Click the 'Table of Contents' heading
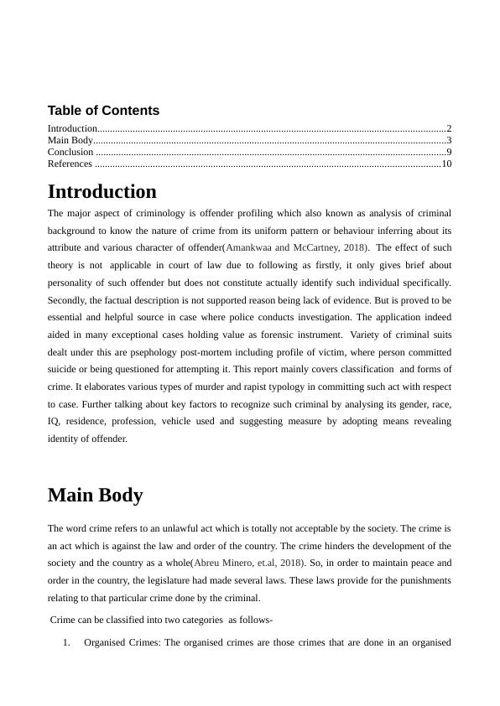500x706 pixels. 103,111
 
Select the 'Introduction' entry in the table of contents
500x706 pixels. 72,128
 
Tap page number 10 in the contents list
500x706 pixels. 446,164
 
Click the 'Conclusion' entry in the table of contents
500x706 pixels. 70,153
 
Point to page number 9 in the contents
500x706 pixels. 449,153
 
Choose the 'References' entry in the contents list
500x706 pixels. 70,164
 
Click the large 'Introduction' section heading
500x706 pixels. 102,192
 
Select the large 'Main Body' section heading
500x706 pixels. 95,495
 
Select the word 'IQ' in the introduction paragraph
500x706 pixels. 54,421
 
